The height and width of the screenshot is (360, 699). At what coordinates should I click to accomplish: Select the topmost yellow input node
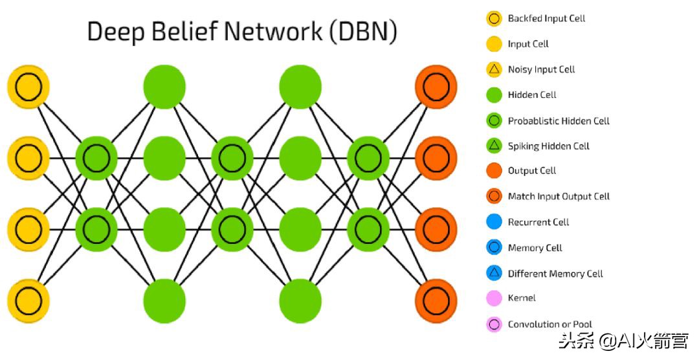point(28,86)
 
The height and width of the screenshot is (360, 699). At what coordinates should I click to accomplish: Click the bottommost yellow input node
point(28,300)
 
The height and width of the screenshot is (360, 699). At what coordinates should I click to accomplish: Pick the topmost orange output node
point(436,86)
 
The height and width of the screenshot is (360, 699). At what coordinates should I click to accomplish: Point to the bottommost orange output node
point(436,300)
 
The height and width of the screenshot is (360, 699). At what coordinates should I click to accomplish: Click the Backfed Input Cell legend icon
point(494,18)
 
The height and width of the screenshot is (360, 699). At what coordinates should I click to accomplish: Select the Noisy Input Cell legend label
point(541,69)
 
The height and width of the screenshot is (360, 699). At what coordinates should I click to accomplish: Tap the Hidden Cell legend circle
point(494,95)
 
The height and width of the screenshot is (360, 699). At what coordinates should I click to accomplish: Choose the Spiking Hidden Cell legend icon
point(494,146)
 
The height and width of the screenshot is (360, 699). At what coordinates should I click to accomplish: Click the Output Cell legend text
point(532,171)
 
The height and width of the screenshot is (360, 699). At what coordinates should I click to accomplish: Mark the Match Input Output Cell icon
point(494,196)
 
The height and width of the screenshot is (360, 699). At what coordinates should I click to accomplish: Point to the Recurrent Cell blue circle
point(494,222)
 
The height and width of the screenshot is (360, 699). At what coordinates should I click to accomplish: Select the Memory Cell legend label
point(535,247)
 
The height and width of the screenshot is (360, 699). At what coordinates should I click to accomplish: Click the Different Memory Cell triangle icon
point(494,273)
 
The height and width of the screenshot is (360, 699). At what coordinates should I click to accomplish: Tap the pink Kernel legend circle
point(494,298)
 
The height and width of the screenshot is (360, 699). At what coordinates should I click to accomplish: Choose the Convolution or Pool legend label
point(549,324)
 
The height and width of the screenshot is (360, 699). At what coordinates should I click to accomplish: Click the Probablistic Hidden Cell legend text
point(559,120)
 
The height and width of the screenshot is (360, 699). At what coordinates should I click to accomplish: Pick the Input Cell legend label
point(528,44)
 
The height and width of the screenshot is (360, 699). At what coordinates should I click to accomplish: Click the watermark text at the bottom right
point(624,340)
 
